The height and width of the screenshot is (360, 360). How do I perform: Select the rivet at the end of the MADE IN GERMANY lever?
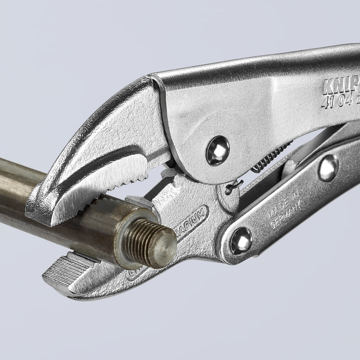coord(241,241)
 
